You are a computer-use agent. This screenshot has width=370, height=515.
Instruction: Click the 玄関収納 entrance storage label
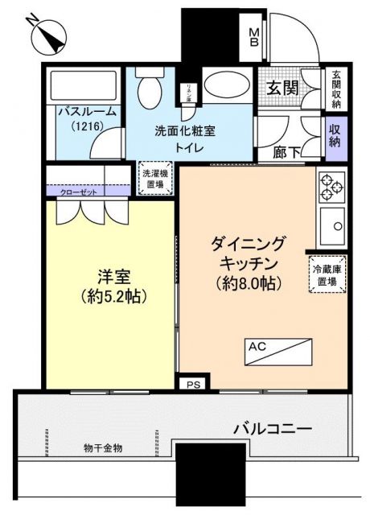tap(335, 89)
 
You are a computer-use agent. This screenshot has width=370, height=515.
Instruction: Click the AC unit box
tap(277, 351)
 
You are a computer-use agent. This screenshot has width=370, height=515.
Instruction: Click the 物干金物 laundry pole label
tap(103, 447)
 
